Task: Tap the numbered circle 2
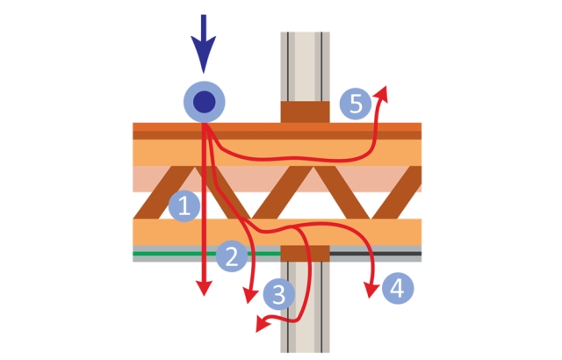231,256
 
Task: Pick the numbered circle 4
398,287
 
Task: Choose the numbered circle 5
355,104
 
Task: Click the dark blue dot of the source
205,102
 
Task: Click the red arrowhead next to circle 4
372,288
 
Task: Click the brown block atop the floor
305,112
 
